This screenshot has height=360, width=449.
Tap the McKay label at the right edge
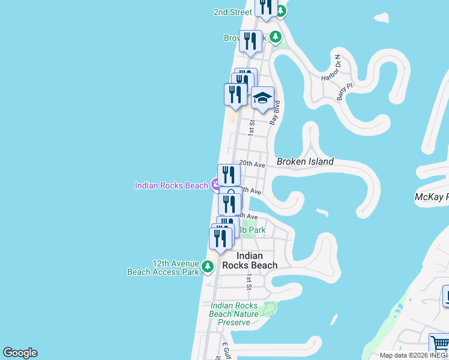pos(432,197)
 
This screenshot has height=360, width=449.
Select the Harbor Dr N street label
pos(331,69)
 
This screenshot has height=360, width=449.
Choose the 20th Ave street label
pos(252,164)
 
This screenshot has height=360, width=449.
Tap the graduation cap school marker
pos(262,98)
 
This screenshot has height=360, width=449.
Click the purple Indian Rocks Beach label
pos(171,185)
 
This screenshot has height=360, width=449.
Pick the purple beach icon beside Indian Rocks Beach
pos(215,185)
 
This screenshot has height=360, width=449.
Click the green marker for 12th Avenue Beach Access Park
pos(208,266)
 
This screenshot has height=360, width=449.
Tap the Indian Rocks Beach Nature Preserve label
pos(234,314)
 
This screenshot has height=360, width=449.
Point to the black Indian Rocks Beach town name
pos(250,260)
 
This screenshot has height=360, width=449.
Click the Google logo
pos(20,353)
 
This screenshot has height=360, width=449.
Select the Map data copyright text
pos(414,355)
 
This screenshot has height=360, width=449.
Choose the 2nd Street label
pos(233,12)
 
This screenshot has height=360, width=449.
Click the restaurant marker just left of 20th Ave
pos(229,175)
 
